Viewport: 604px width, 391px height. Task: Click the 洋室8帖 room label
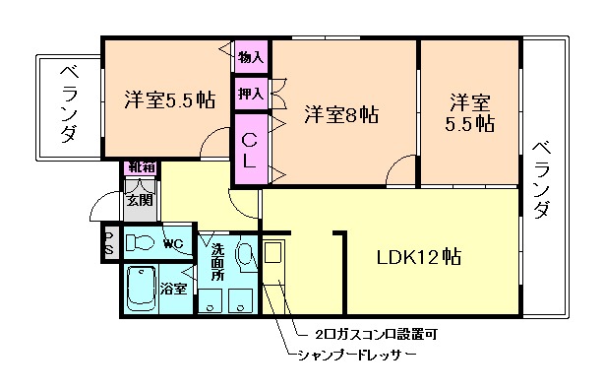(341, 114)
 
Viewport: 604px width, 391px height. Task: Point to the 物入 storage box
(251, 57)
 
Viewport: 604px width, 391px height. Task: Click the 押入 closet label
(251, 95)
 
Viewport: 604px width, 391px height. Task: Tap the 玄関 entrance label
(138, 199)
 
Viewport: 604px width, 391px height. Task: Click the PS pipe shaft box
(109, 243)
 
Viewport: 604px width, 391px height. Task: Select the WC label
(174, 243)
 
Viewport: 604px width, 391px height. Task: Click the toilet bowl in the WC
(141, 243)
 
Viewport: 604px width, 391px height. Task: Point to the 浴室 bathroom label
(174, 290)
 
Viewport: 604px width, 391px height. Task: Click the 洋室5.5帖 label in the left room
(169, 100)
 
